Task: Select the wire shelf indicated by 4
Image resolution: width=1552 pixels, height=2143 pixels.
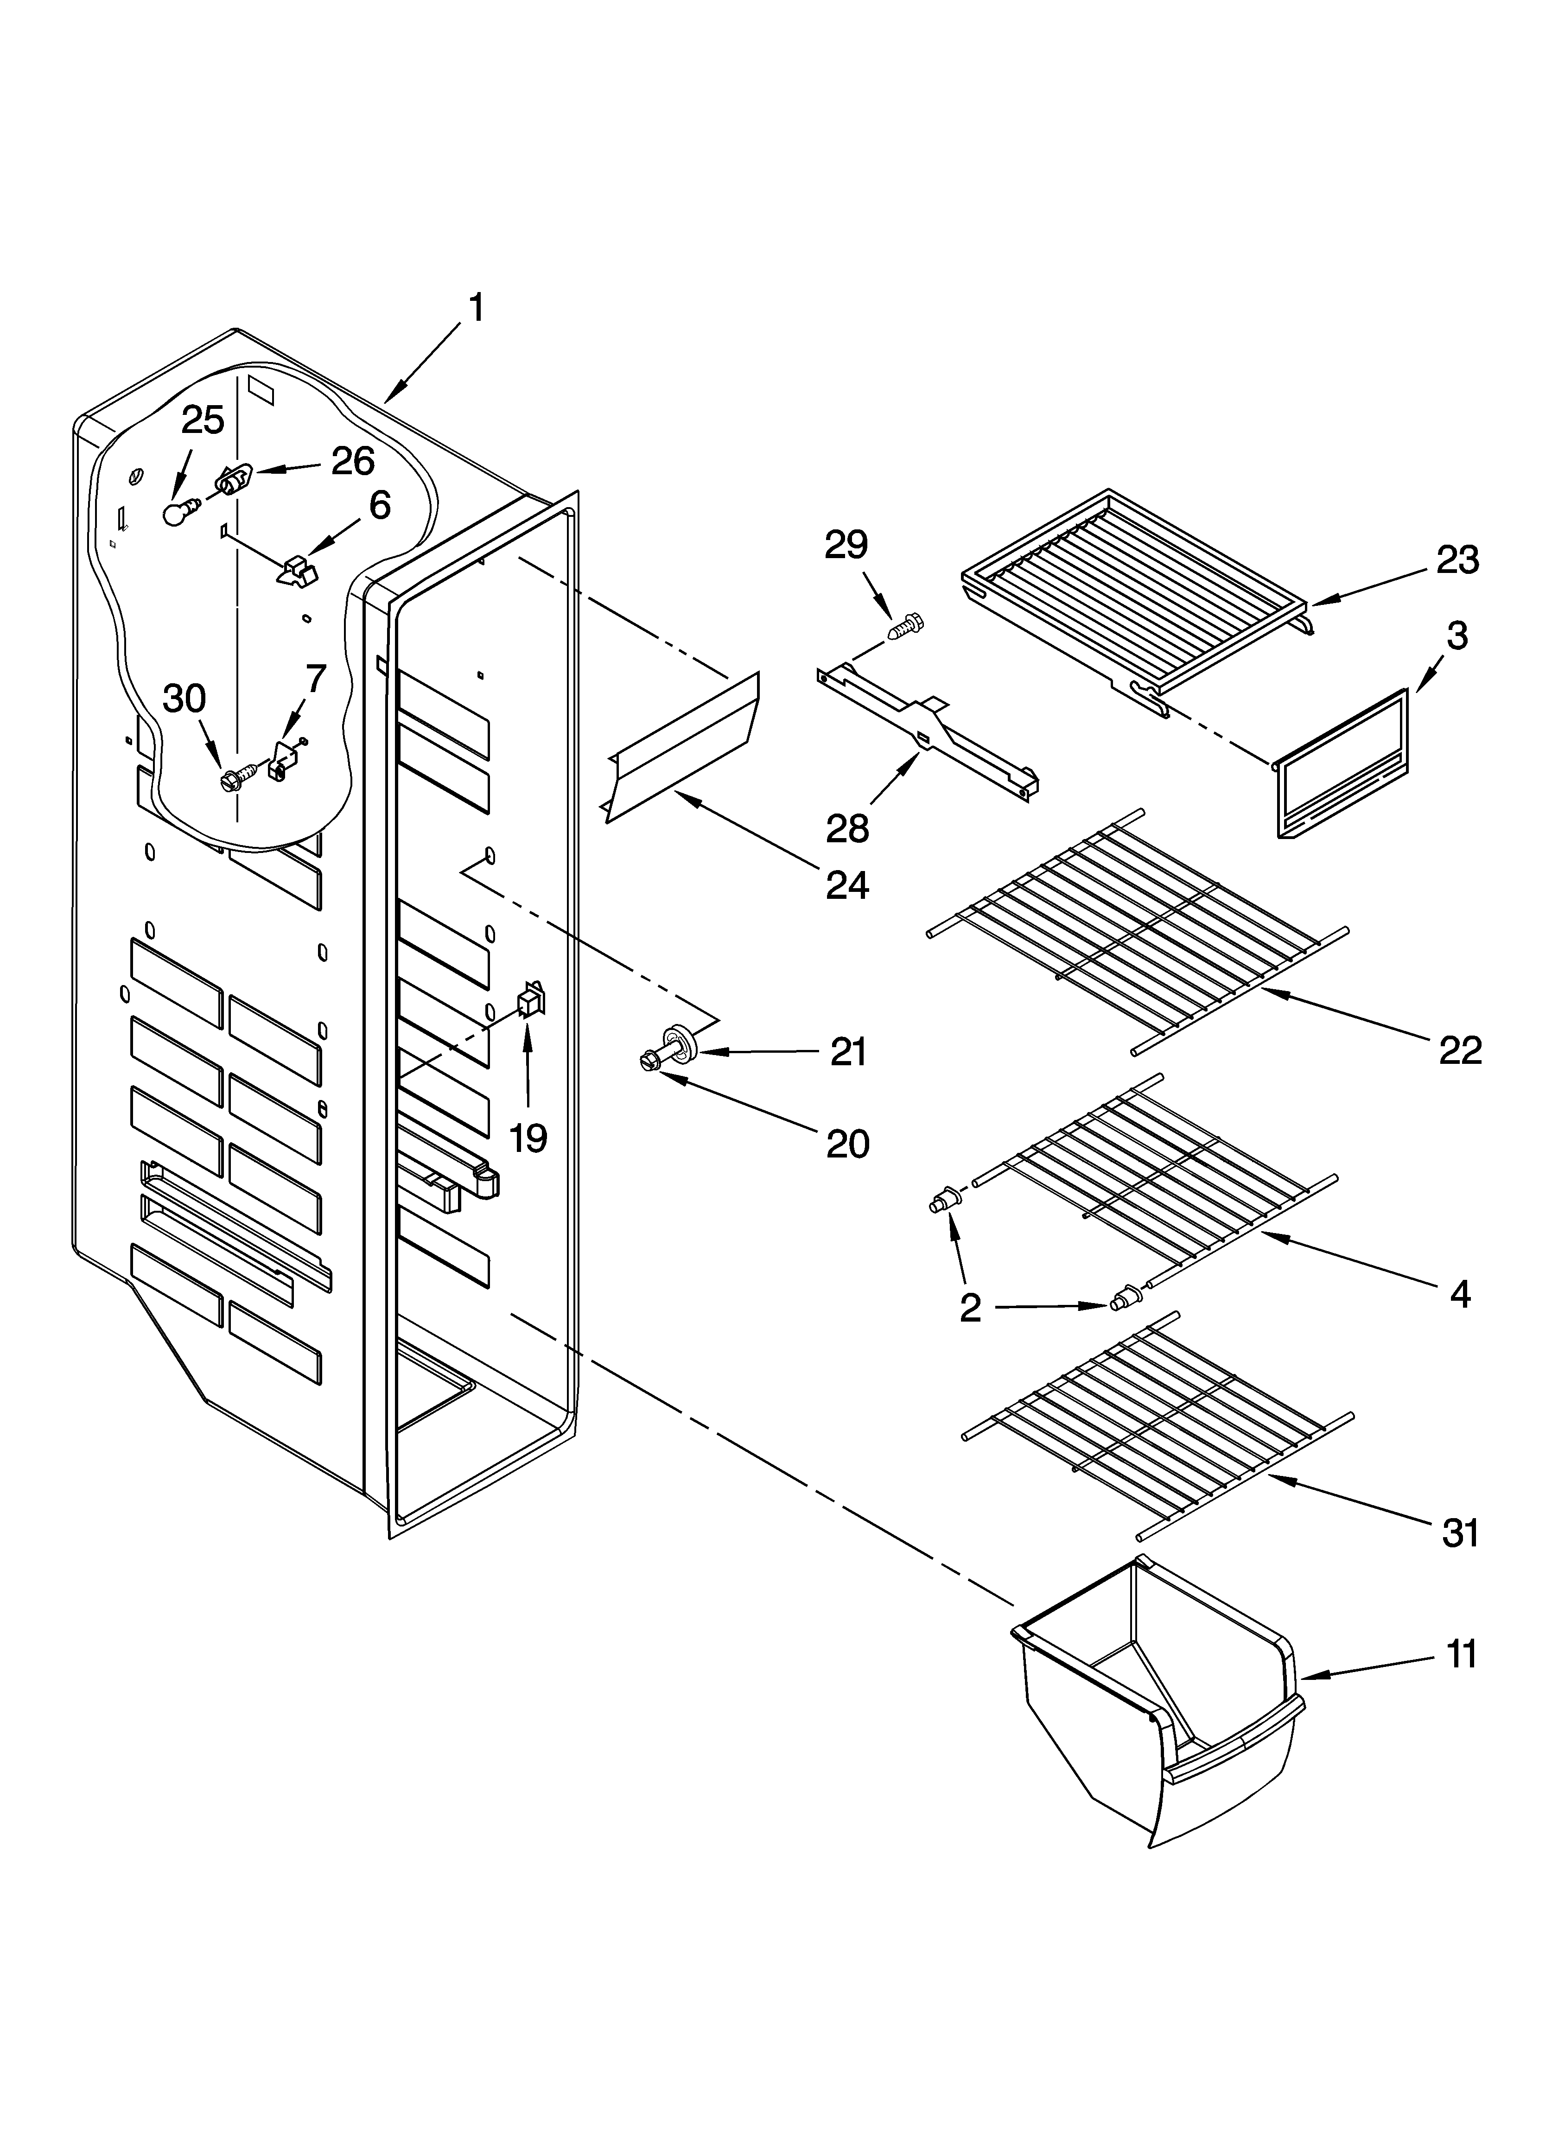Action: click(1153, 1172)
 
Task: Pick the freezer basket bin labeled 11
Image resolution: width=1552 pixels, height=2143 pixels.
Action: click(1153, 1701)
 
